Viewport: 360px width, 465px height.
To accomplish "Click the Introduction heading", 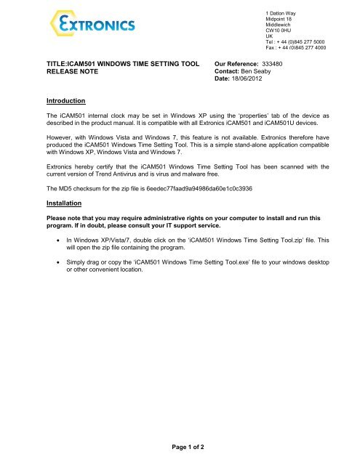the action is (66, 100).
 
